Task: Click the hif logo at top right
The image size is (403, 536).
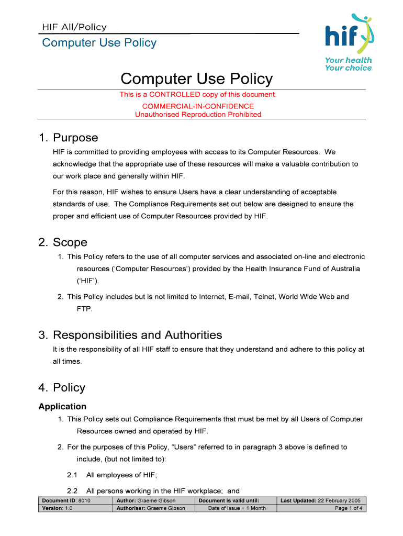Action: coord(348,35)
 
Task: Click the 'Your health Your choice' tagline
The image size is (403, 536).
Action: coord(348,64)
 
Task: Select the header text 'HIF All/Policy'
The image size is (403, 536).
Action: coord(74,27)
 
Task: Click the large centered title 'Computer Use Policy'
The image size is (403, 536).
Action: coord(196,79)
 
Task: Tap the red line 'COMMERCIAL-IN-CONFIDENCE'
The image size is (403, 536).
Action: coord(198,106)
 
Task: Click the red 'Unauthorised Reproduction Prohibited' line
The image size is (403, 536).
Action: coord(198,114)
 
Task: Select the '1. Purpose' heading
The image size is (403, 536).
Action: coord(68,138)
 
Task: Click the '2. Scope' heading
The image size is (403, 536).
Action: coord(63,242)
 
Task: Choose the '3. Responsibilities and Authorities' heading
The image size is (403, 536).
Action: coord(130,335)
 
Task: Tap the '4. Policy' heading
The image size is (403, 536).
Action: coord(62,388)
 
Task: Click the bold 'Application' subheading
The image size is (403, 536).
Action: coord(62,407)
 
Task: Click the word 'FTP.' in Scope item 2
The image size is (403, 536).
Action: coord(85,309)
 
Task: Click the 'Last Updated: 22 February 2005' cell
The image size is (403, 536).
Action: coord(320,500)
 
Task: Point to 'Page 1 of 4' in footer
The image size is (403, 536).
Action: coord(349,508)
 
